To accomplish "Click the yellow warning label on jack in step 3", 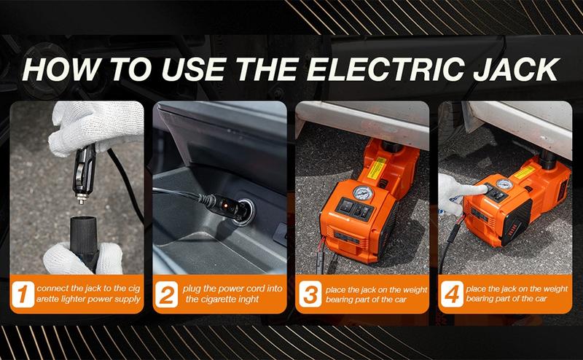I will pyautogui.click(x=375, y=169).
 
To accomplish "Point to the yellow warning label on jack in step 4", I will pyautogui.click(x=524, y=172).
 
